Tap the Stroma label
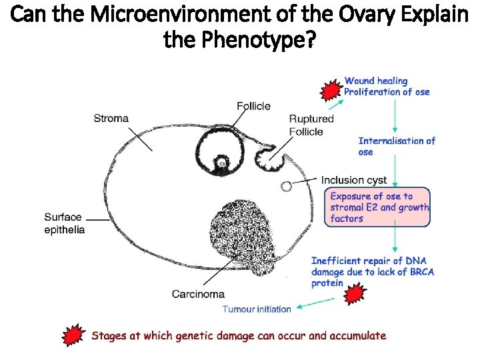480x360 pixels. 111,119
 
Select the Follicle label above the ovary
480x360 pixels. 253,106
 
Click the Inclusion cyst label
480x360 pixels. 354,180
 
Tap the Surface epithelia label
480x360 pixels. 64,223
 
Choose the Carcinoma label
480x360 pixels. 198,294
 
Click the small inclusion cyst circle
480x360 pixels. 286,187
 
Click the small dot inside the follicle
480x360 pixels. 221,162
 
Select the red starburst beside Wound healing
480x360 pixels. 331,90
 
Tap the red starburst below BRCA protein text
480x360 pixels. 355,294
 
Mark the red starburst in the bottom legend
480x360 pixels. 73,335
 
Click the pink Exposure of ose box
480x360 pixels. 377,207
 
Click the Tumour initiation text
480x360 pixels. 257,309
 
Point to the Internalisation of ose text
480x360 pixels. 397,146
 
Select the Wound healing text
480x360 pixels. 376,81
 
